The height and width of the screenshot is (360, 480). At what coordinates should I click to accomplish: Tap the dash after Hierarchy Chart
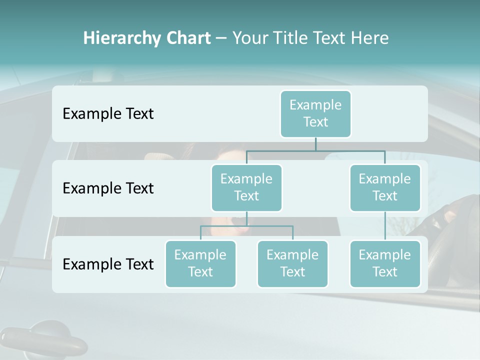click(221, 38)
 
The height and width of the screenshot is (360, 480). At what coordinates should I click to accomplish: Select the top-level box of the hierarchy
click(315, 114)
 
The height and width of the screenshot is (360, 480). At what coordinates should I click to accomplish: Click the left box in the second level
click(246, 187)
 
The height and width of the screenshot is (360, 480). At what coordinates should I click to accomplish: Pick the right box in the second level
click(385, 187)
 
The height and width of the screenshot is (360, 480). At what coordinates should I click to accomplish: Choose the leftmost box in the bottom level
click(200, 263)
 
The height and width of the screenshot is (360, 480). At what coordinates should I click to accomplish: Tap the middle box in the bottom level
click(292, 263)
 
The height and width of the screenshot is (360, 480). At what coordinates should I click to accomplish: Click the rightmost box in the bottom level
click(385, 263)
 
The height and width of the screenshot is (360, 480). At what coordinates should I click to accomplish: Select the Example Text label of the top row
click(108, 114)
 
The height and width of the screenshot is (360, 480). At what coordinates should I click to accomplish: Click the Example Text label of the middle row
click(108, 188)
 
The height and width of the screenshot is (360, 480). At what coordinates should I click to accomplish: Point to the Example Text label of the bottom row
click(108, 264)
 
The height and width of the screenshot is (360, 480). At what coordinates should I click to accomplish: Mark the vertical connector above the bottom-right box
click(385, 226)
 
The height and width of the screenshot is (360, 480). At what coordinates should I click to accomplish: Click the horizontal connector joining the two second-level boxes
click(315, 150)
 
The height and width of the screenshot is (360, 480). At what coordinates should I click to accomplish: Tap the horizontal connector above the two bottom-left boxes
click(246, 226)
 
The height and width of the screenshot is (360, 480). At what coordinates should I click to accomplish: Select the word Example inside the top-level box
click(315, 105)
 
